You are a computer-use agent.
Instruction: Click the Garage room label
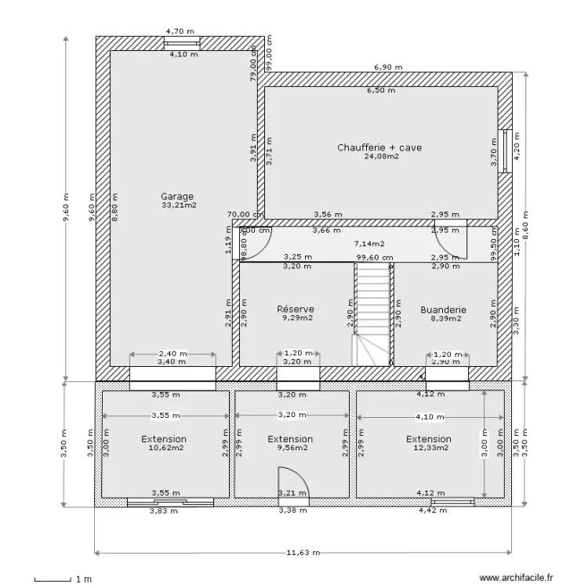[177, 196]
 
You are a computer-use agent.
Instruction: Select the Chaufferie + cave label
[380, 147]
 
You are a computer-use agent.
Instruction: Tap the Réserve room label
[296, 310]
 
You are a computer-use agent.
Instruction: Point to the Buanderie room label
[443, 310]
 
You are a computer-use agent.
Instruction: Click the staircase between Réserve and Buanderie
[373, 314]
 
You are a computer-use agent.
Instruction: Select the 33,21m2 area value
[178, 205]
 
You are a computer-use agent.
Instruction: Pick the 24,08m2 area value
[381, 156]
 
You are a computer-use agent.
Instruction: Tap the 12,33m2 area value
[429, 448]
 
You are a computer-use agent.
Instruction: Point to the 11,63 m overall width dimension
[303, 552]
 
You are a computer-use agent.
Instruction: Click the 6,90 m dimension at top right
[387, 67]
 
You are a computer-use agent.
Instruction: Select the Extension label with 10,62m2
[164, 439]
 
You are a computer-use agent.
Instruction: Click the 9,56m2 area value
[290, 448]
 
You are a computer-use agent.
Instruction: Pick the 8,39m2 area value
[444, 319]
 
